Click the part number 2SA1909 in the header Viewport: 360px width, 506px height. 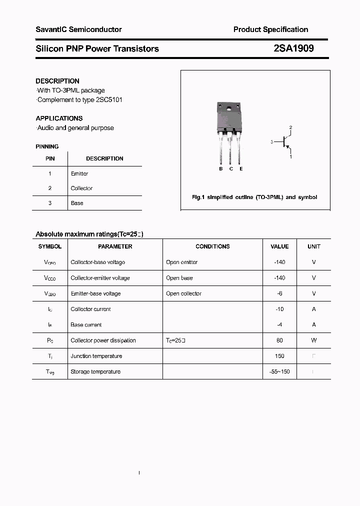293,48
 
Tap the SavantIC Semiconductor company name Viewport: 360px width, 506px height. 78,29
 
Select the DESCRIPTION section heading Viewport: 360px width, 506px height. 57,81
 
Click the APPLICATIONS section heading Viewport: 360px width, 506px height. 59,118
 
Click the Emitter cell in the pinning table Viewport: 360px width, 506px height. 79,173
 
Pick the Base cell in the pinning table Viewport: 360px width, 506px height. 77,203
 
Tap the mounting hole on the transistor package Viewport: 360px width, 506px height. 229,108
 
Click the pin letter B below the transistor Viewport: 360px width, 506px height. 221,169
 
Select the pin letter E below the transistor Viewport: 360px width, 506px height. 241,169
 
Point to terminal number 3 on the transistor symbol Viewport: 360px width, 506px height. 271,142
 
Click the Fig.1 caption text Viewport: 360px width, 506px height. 254,197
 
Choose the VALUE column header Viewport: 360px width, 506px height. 279,246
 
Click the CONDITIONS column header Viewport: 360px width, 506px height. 212,246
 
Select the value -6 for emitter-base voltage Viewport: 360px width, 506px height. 279,293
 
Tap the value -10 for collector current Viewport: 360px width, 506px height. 279,309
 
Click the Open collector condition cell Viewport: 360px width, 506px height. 183,293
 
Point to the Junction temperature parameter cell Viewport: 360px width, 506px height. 96,356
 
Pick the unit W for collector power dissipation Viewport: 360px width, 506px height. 314,340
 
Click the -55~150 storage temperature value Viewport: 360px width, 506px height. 279,371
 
